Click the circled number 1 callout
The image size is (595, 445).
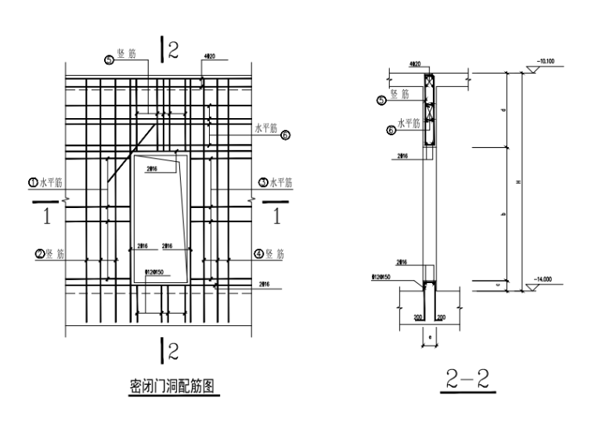point(33,182)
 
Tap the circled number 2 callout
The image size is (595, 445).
point(38,253)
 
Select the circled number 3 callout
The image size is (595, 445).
point(263,182)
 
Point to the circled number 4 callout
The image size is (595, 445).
point(258,253)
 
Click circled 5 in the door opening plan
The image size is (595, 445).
point(110,58)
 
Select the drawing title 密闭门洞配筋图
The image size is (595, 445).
point(171,386)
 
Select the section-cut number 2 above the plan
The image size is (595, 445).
point(173,51)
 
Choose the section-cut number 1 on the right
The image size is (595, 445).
point(275,217)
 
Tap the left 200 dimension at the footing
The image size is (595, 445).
point(418,317)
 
